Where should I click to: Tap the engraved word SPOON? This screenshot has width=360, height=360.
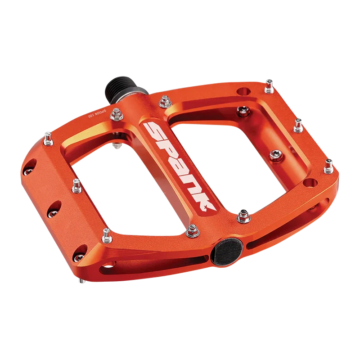100,113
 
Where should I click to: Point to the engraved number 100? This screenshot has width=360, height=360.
91,116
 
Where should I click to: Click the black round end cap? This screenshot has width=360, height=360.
227,252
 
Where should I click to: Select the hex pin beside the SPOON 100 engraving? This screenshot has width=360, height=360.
117,114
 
